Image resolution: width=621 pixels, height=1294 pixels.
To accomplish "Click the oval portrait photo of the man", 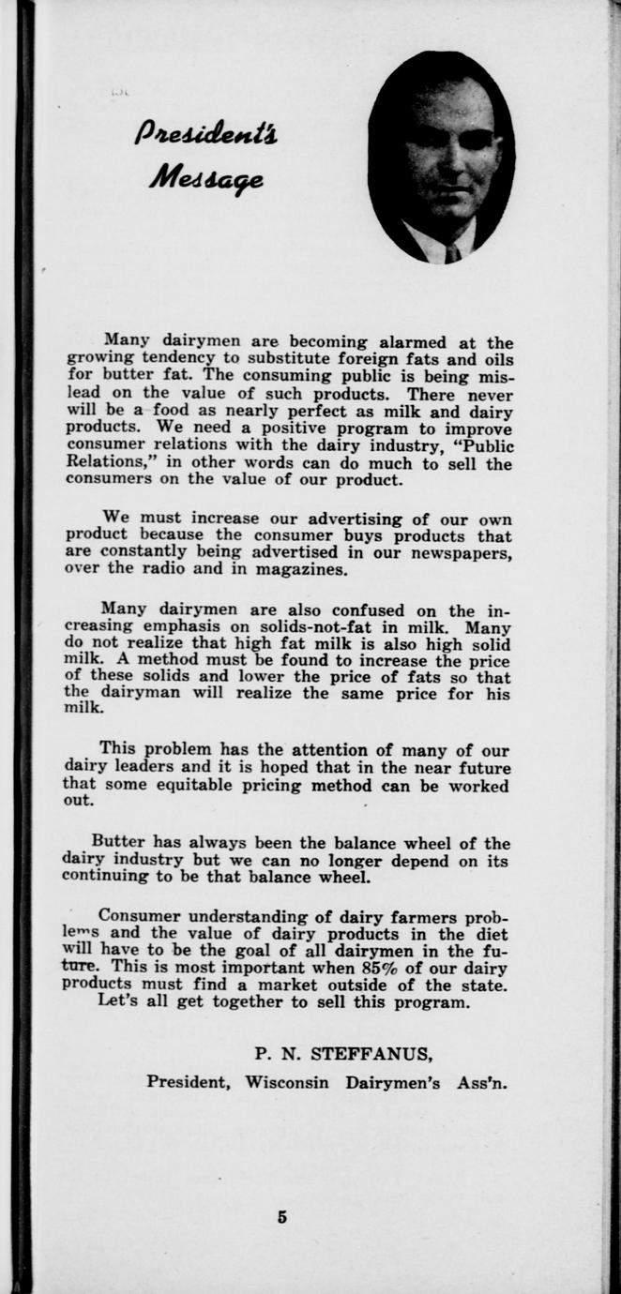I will click(x=440, y=157).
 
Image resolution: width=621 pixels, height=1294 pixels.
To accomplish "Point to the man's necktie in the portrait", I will click(x=453, y=252).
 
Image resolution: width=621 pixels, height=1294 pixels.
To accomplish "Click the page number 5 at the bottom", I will click(x=282, y=1218).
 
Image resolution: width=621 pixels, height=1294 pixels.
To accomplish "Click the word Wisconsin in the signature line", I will click(x=287, y=1081).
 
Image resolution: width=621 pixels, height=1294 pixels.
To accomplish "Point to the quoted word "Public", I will click(x=480, y=446).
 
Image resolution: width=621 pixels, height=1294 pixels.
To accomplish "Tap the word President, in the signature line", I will click(x=189, y=1081).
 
